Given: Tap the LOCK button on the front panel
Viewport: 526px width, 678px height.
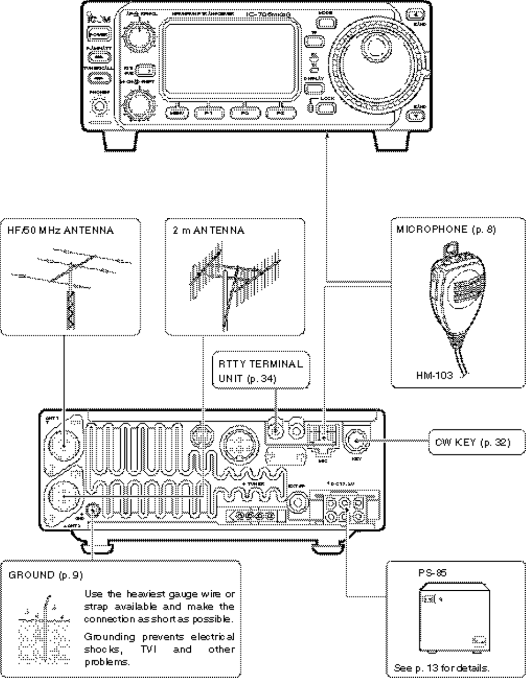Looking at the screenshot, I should (326, 106).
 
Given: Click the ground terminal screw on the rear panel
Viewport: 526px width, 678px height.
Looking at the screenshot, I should (94, 510).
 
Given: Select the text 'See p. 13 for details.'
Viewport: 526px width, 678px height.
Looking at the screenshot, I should (441, 668).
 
